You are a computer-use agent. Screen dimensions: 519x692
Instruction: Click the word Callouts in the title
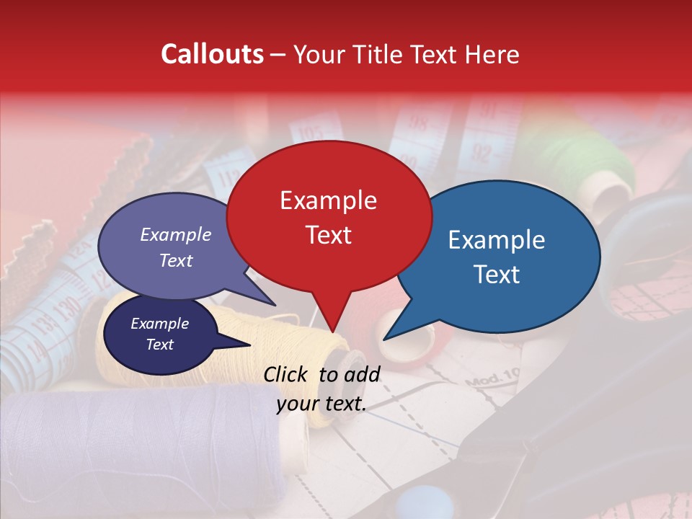pyautogui.click(x=212, y=54)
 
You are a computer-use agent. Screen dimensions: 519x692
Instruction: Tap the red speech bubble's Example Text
pyautogui.click(x=328, y=217)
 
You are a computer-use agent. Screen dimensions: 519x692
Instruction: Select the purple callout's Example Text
pyautogui.click(x=176, y=247)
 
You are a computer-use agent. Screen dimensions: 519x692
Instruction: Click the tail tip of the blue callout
pyautogui.click(x=385, y=339)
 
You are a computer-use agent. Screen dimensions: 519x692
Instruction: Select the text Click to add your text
pyautogui.click(x=321, y=389)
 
